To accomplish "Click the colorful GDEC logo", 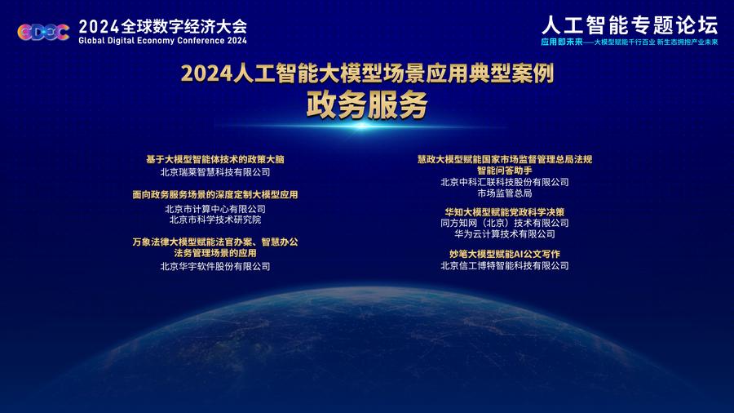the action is tap(43, 32).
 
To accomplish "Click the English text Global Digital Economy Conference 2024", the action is tap(162, 41).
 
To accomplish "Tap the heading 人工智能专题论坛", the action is tap(630, 24).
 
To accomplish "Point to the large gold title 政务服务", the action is tap(366, 104).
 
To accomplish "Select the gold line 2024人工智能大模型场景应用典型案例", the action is tap(367, 73).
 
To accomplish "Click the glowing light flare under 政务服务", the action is tap(363, 126).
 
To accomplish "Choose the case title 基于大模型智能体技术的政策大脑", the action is tap(215, 160).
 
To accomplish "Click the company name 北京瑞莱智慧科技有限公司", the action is tap(215, 172).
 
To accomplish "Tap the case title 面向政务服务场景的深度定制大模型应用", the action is tap(215, 195).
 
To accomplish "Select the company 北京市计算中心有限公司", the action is tap(215, 209).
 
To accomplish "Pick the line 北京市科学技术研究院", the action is tap(215, 220).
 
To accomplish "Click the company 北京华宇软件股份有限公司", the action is tap(215, 266).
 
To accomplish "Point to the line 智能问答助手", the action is tap(505, 171).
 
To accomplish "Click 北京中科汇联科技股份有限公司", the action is tap(505, 182).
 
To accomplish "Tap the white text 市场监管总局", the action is tap(505, 193).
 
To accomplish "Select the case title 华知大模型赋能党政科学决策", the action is tap(505, 212).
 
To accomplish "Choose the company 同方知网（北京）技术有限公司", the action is tap(505, 224).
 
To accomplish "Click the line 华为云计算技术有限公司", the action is tap(505, 234).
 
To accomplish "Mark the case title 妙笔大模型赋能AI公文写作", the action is tap(505, 255).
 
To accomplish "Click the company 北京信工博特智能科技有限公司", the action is tap(505, 266).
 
